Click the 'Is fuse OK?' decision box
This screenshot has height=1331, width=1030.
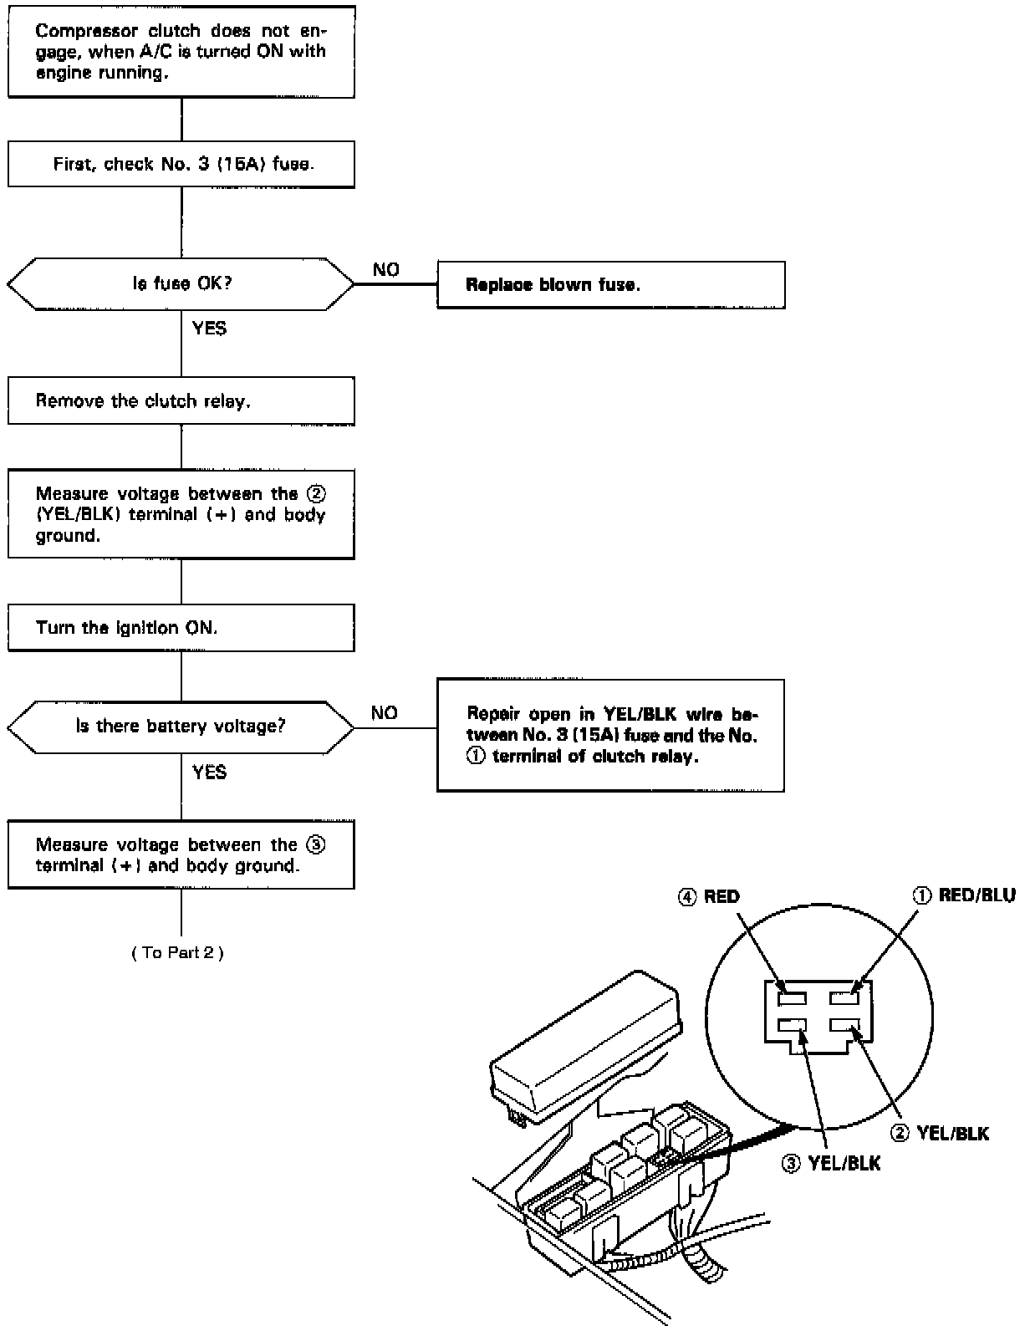[181, 284]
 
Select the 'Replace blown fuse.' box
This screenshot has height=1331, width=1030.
[610, 285]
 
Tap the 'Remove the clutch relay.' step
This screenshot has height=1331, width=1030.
[181, 401]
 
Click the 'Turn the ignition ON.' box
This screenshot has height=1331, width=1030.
[181, 628]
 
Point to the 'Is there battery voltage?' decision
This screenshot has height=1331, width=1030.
[181, 727]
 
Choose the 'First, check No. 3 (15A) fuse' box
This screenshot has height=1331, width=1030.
[181, 164]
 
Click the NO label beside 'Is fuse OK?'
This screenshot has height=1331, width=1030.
[386, 270]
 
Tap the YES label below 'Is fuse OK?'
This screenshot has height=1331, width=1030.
[209, 329]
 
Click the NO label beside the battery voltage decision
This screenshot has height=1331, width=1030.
[385, 713]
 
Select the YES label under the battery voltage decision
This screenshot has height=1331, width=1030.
[209, 773]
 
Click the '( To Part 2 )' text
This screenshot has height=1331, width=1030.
[177, 952]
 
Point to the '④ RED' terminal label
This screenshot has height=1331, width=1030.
[709, 897]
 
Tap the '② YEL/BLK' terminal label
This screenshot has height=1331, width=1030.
[941, 1134]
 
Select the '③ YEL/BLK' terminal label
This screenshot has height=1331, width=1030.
[832, 1163]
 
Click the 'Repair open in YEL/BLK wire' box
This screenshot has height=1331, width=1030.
[610, 736]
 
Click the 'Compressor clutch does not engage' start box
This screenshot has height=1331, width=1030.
[181, 52]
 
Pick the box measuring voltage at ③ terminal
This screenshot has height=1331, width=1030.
[181, 854]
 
